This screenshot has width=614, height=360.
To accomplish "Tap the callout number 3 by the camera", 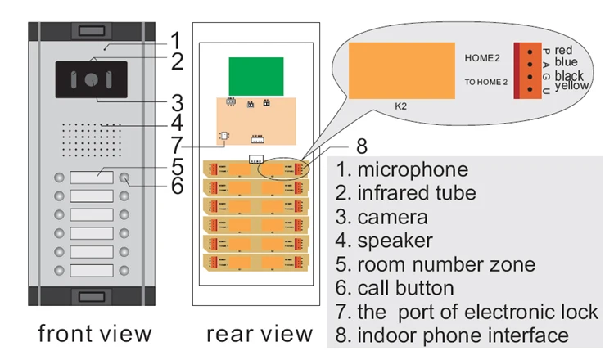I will (x=177, y=103).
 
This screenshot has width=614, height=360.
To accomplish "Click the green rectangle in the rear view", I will (x=255, y=76).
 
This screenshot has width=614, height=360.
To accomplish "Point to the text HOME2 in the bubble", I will (x=481, y=58).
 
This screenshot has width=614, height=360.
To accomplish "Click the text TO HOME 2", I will (x=486, y=82).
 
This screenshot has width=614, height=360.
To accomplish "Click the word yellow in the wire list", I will (x=571, y=85).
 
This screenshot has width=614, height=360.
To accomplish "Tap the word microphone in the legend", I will (x=413, y=170).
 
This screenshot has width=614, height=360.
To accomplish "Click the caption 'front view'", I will (x=95, y=333).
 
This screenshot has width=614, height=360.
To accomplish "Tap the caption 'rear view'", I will (x=259, y=333).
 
